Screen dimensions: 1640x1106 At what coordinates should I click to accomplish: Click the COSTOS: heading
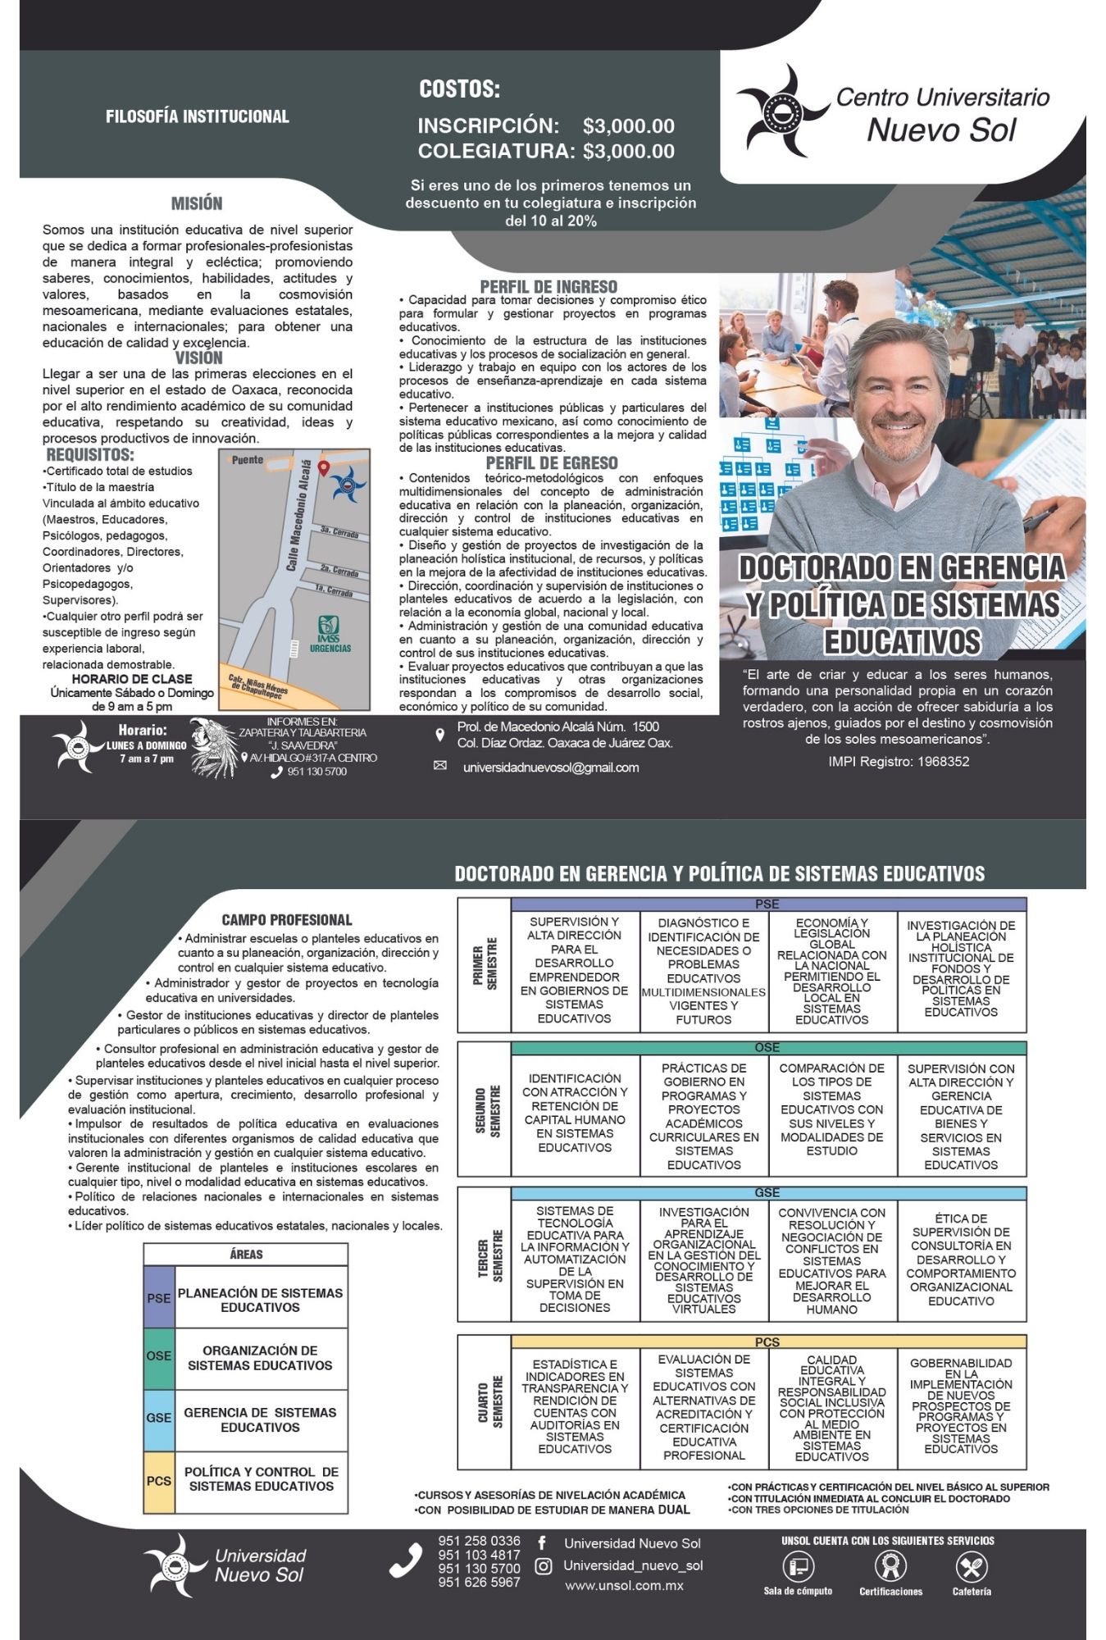459,89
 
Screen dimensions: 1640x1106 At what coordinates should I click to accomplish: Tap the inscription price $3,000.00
628,126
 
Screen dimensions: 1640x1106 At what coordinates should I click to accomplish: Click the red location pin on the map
324,468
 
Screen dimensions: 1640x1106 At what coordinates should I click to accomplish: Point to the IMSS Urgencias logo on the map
330,634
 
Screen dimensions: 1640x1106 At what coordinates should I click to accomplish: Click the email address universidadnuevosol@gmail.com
550,768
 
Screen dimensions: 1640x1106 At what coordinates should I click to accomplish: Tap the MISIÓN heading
197,203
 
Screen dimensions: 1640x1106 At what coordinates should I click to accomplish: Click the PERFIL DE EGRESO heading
551,463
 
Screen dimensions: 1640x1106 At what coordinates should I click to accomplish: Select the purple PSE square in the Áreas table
159,1298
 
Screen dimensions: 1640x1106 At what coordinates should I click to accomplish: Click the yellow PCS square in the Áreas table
159,1481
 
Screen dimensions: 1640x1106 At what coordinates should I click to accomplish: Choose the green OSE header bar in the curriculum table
767,1048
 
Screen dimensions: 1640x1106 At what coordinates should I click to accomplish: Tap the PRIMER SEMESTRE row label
485,964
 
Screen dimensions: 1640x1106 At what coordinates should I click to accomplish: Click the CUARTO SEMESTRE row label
490,1401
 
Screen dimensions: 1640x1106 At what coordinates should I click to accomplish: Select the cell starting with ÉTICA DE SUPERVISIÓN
961,1260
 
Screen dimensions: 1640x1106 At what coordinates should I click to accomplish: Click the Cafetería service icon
972,1568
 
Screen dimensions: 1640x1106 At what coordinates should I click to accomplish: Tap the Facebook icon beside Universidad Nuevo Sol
542,1542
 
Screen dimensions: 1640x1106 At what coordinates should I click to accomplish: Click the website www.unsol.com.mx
623,1585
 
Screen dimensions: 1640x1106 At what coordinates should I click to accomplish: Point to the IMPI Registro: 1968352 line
899,761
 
